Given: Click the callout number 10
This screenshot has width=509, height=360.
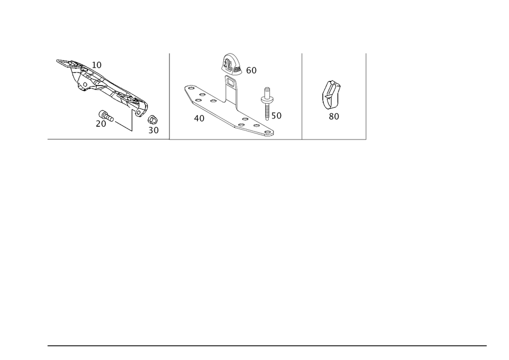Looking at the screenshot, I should [x=97, y=65].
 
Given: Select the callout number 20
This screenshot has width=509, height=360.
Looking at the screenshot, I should [x=100, y=124].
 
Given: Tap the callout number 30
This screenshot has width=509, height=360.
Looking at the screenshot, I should [x=154, y=130].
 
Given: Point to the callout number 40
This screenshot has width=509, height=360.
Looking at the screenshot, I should [x=199, y=119].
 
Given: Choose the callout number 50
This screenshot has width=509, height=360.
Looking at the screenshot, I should [x=276, y=116].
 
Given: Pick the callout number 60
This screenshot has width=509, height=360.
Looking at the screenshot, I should [x=251, y=71].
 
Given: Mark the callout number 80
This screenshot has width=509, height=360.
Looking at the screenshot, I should [x=334, y=116].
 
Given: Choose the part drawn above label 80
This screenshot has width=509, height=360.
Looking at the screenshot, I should [x=332, y=94].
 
